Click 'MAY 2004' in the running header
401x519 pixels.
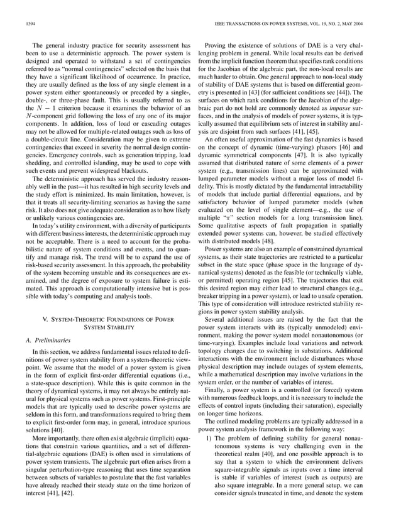pyautogui.click(x=366, y=23)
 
